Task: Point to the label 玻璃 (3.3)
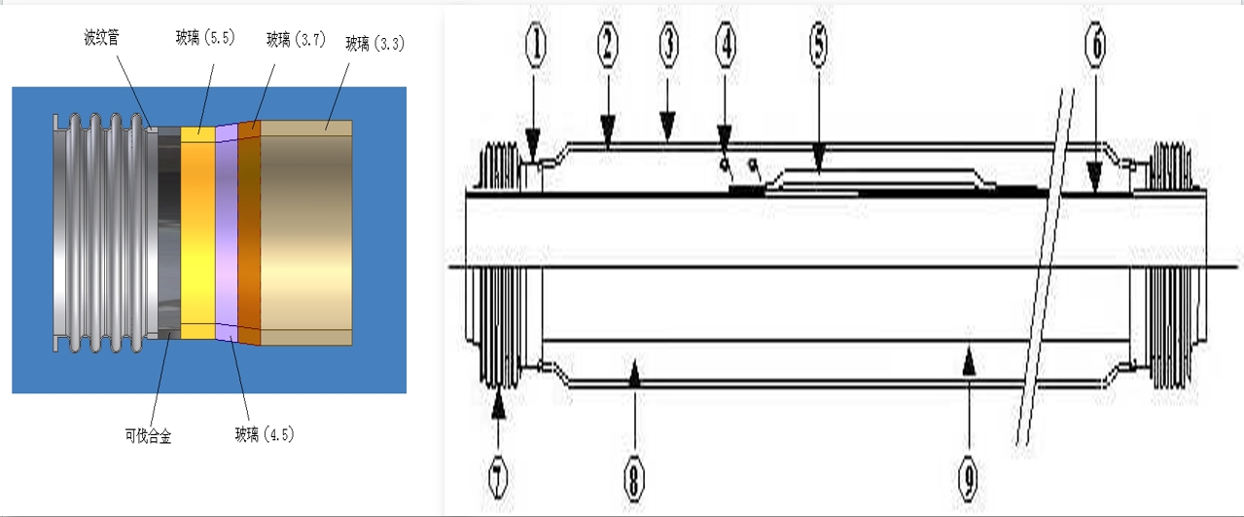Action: pos(374,44)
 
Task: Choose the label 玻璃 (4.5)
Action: pos(264,435)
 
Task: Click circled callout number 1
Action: pos(536,45)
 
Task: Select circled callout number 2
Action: pos(608,45)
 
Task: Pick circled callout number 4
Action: pos(725,45)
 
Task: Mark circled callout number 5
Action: pos(818,45)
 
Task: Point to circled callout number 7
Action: pos(498,477)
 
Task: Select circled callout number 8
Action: pos(633,477)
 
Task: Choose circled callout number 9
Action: pos(967,477)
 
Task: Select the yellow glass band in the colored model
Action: pos(197,234)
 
